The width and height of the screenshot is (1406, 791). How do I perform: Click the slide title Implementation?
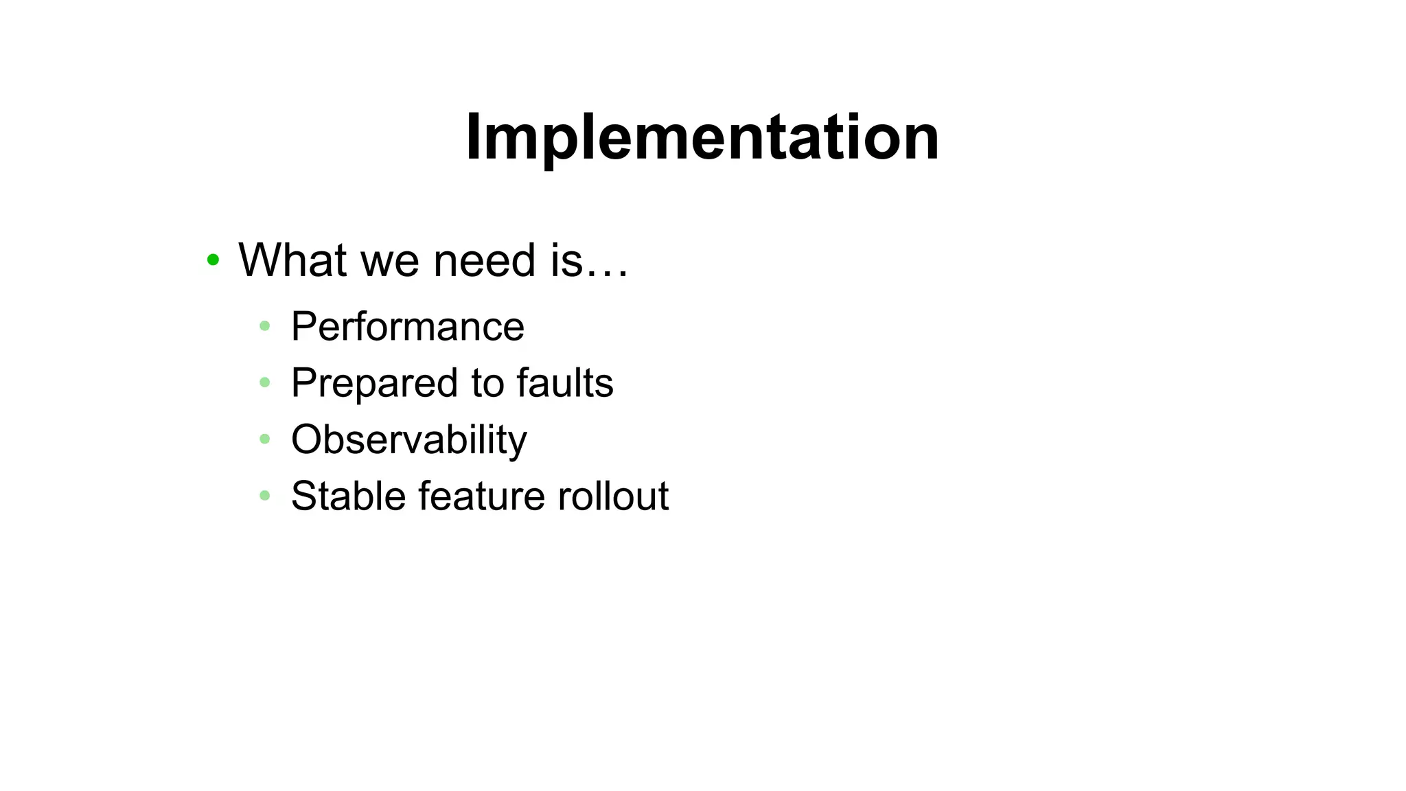702,137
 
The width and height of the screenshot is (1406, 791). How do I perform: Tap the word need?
484,260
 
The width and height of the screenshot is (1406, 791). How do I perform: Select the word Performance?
408,326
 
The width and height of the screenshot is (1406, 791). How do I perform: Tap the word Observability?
409,439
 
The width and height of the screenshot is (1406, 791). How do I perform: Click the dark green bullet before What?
213,260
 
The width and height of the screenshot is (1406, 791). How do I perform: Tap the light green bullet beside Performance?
265,325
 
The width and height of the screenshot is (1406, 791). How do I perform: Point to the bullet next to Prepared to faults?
265,382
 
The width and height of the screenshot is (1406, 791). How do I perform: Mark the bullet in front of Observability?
265,439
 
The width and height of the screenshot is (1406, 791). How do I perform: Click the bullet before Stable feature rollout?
265,495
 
